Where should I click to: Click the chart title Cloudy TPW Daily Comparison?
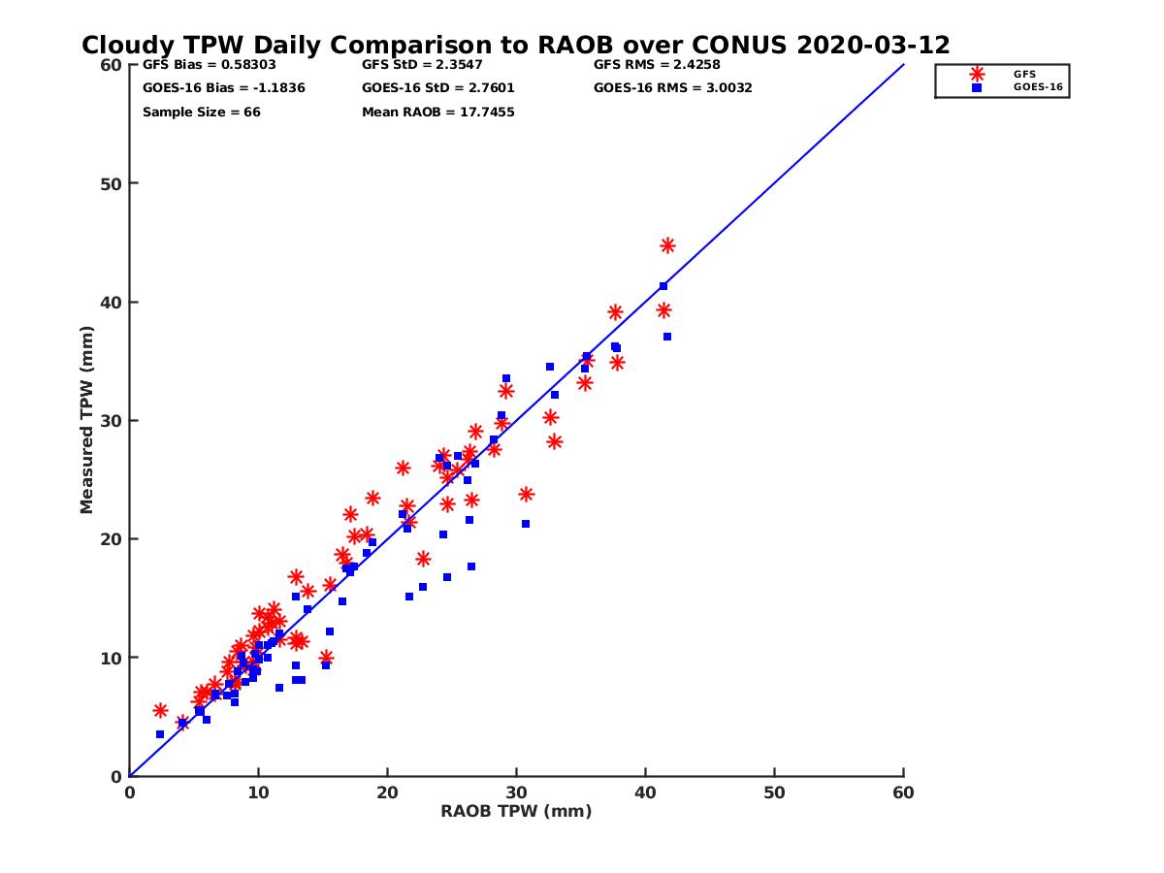click(x=515, y=46)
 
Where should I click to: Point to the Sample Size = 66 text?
click(x=201, y=113)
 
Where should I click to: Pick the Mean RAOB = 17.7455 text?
click(x=437, y=113)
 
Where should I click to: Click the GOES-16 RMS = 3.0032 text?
click(x=672, y=88)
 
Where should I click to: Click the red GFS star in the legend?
click(x=977, y=75)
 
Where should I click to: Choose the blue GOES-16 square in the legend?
click(x=977, y=87)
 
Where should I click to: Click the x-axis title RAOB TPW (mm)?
click(x=516, y=812)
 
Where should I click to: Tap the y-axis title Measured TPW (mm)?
click(x=87, y=420)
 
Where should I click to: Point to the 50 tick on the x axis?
click(x=774, y=793)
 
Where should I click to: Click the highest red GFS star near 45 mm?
click(x=667, y=245)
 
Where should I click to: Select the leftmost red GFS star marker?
click(x=160, y=711)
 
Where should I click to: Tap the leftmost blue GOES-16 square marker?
click(x=160, y=734)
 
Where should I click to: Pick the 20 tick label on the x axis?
click(x=387, y=793)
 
